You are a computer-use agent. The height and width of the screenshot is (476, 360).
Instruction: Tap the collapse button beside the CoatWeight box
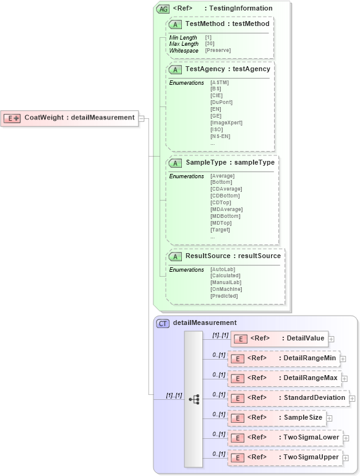[142, 118]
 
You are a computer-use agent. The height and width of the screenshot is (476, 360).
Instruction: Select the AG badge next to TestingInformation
[163, 9]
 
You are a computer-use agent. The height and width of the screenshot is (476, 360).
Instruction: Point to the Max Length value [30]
[210, 44]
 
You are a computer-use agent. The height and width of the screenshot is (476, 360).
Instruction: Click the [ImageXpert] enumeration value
[226, 123]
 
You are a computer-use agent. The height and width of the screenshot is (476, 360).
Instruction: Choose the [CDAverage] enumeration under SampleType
[226, 189]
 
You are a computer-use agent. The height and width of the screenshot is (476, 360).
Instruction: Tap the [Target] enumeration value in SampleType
[220, 230]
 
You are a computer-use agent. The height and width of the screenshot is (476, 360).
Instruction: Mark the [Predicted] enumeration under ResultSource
[224, 296]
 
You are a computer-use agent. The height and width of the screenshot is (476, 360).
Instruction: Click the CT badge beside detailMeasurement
[163, 323]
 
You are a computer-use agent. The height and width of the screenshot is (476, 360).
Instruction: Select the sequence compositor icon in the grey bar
[194, 399]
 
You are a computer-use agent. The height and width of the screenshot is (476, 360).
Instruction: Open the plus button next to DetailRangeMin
[343, 358]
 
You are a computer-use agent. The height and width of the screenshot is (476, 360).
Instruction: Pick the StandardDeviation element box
[288, 398]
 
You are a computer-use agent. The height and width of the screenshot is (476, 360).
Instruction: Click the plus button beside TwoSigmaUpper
[346, 458]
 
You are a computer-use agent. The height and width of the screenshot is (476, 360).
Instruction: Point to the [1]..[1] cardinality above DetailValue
[220, 335]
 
